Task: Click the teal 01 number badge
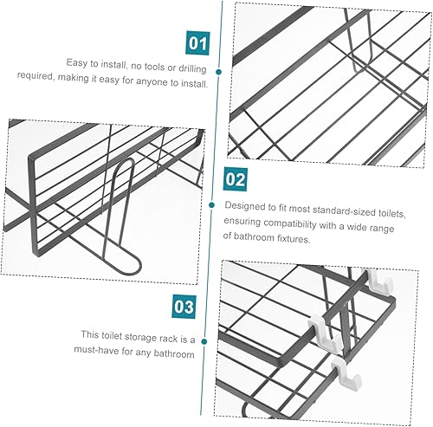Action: [x=197, y=43]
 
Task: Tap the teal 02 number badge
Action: [x=236, y=179]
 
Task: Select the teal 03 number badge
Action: [x=184, y=307]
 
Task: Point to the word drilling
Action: [x=192, y=68]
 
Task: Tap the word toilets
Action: [x=391, y=213]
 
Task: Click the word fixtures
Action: [x=294, y=239]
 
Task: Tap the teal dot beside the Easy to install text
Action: [x=219, y=72]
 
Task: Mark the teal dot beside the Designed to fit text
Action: [x=212, y=205]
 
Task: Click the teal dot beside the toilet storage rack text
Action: [x=204, y=342]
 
